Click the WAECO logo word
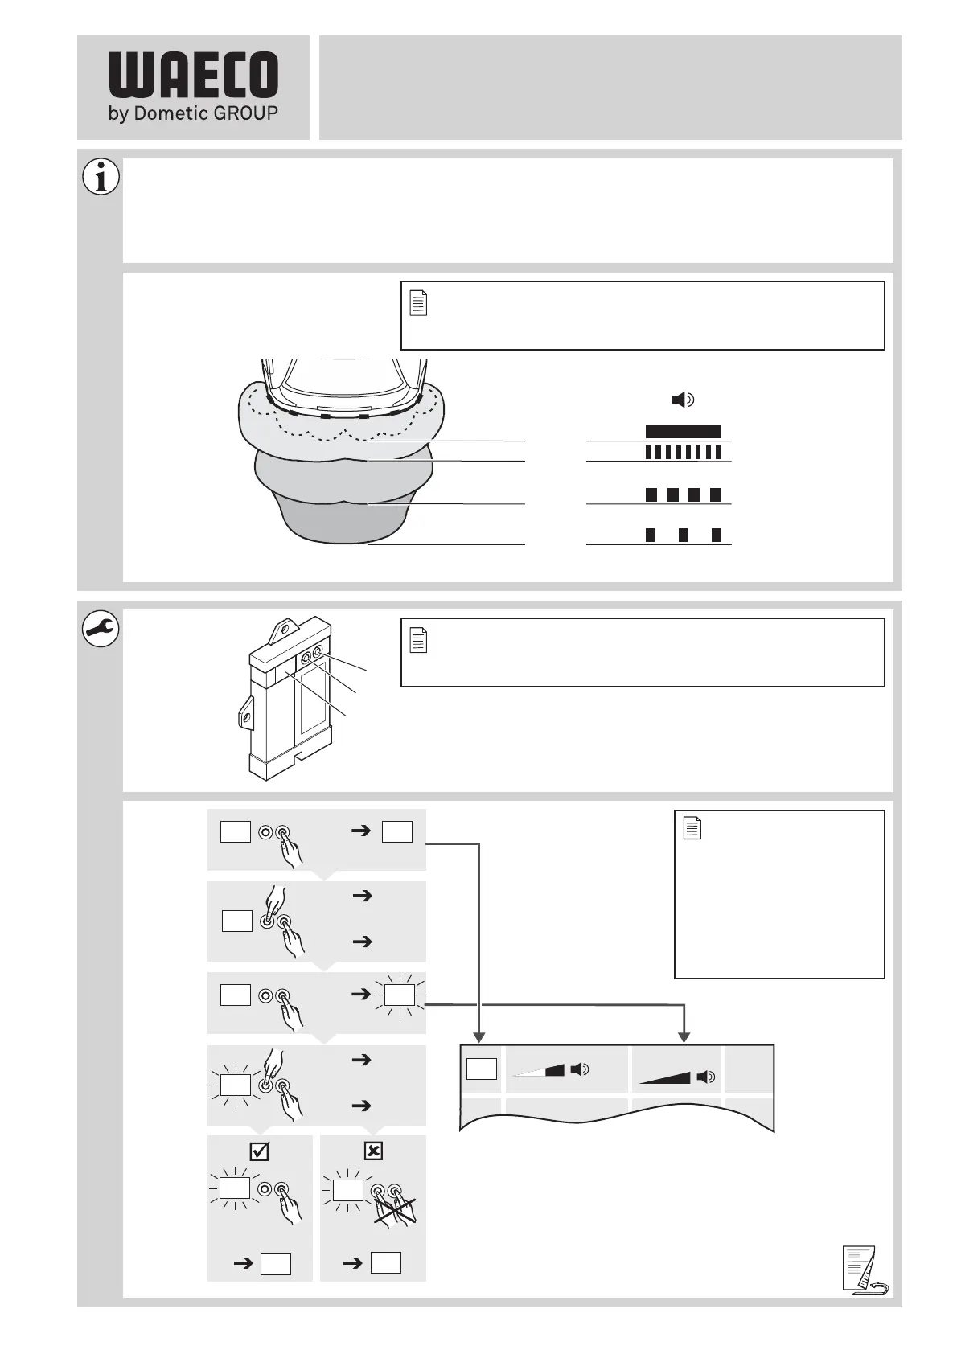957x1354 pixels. pos(193,76)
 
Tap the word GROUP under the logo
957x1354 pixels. pos(245,113)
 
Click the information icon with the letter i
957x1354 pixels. pos(101,178)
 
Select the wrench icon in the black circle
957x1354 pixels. pos(101,630)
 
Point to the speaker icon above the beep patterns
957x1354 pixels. pos(683,400)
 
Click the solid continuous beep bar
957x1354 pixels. pos(683,431)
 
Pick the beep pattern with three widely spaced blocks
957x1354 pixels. pos(683,535)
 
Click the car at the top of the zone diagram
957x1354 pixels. pos(344,386)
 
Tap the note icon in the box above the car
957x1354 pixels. pos(419,303)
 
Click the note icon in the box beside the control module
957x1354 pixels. pos(419,641)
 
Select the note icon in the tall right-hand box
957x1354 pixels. pos(692,828)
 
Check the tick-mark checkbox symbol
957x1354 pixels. pos(259,1151)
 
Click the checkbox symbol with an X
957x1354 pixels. pos(373,1151)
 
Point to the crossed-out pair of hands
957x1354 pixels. pos(394,1204)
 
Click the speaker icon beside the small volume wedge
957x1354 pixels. pos(579,1069)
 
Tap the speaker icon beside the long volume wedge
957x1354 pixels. pos(706,1077)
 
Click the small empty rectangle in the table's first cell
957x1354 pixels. pos(481,1069)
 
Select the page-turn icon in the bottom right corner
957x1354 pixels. pos(863,1271)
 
